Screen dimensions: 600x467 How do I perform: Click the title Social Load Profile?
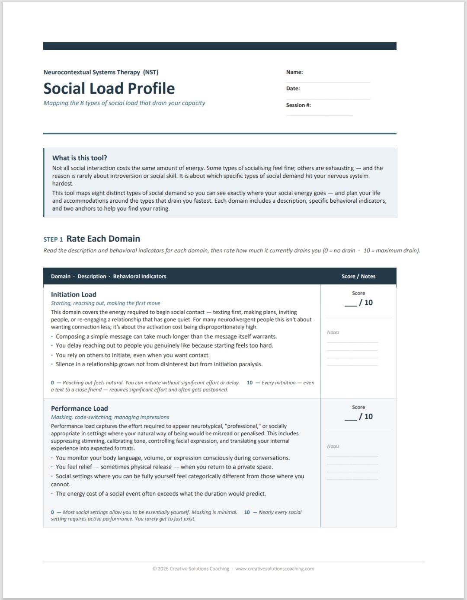pos(109,89)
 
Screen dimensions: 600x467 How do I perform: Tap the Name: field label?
pos(294,72)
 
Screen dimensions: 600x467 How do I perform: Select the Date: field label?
pos(293,89)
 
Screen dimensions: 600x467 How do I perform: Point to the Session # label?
pos(298,105)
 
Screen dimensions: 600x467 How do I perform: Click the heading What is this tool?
pos(80,158)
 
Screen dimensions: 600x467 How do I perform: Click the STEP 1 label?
pos(53,239)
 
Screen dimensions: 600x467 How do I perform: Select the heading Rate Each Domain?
pos(103,239)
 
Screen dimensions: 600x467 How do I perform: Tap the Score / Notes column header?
pos(358,276)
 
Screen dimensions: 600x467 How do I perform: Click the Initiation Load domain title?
pos(74,294)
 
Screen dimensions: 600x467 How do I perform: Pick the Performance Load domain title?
pos(79,409)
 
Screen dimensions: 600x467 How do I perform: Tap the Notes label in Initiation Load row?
pos(333,332)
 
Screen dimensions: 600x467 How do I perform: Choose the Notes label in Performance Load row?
pos(333,446)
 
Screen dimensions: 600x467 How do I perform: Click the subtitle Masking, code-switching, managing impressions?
pos(110,417)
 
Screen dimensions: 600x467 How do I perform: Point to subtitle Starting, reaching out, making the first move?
pos(106,303)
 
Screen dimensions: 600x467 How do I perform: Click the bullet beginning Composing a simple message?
pos(166,336)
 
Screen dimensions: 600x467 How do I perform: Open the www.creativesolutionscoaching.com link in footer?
pos(275,569)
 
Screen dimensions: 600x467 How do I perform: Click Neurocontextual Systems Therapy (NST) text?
pos(101,72)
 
